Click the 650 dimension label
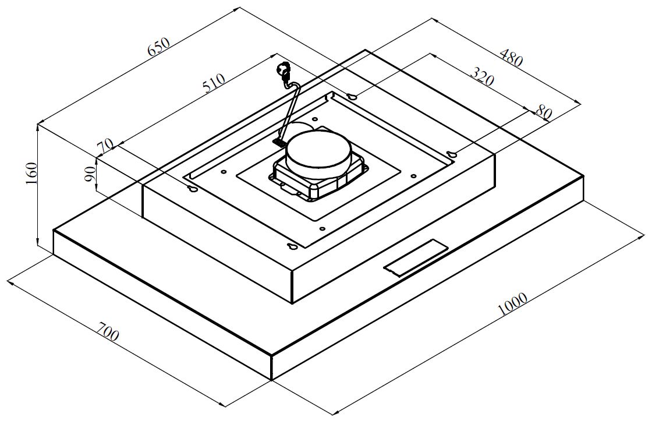(159, 47)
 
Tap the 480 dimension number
(511, 58)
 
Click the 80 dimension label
(544, 112)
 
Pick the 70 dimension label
(105, 146)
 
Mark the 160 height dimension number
(31, 174)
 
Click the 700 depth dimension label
(108, 330)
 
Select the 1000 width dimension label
(512, 304)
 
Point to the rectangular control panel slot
(416, 257)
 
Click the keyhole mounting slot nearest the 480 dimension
(352, 97)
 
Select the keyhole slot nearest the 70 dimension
(193, 190)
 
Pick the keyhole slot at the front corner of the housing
(292, 247)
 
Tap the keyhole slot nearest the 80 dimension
(452, 155)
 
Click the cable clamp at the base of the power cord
(279, 142)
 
